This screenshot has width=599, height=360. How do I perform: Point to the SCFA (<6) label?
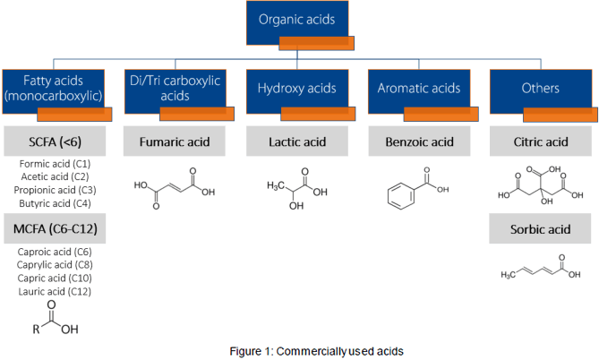coord(56,141)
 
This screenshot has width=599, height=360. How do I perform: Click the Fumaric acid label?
coord(176,141)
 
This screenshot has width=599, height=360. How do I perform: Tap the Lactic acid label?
coord(297,141)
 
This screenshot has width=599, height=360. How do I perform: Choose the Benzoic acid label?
coord(418,141)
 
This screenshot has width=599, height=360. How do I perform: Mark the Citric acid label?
coord(541,141)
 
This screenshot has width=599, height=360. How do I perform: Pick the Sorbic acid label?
coord(541,231)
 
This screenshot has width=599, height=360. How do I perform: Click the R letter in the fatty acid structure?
coord(35,328)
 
